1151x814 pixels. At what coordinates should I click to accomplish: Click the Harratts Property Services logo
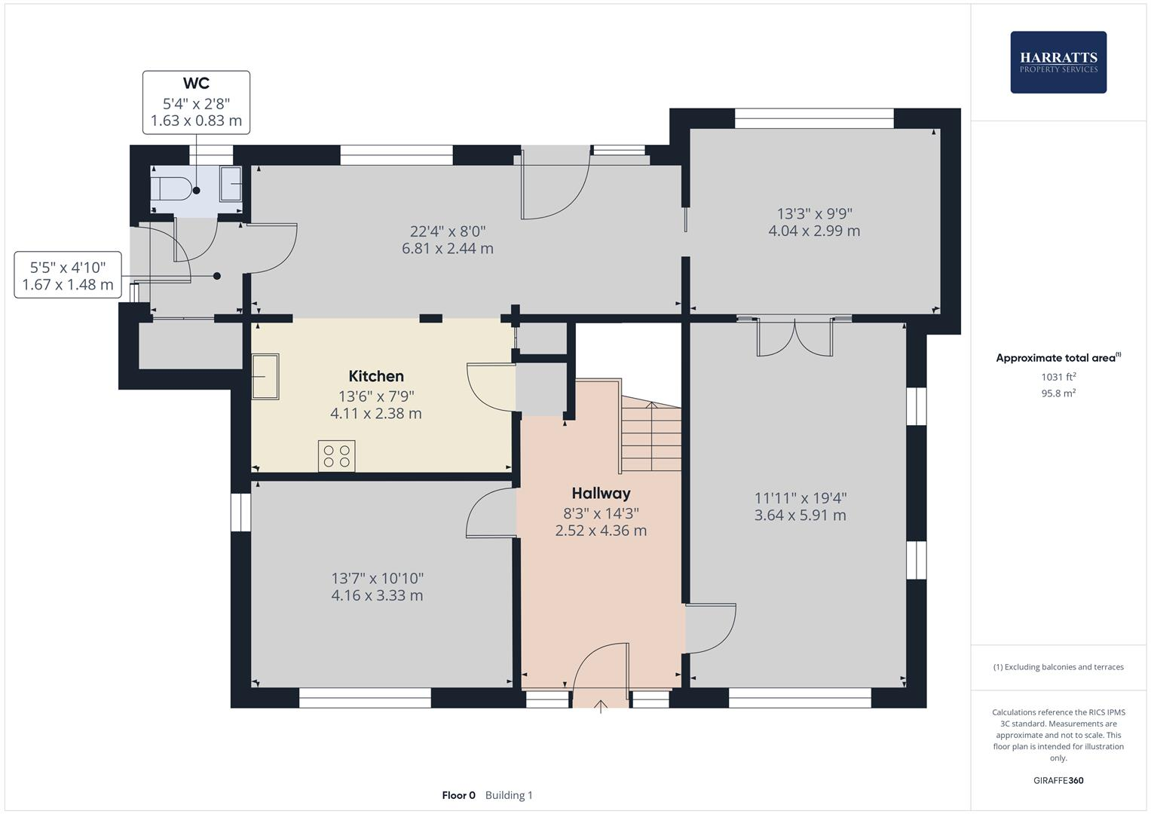click(1058, 62)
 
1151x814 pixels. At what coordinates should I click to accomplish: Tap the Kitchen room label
click(376, 376)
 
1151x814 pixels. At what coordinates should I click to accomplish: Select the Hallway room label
click(601, 494)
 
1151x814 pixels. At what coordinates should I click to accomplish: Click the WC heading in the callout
click(196, 84)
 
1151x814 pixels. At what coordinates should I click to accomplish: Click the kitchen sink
click(265, 377)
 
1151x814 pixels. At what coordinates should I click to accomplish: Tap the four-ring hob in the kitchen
click(336, 456)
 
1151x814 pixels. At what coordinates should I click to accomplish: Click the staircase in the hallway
click(650, 437)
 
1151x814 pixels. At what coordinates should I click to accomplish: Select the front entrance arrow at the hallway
click(601, 706)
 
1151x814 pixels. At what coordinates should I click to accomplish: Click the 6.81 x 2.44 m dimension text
click(448, 249)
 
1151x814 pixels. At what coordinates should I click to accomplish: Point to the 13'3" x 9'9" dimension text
click(814, 213)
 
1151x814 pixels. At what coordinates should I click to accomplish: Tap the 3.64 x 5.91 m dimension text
click(800, 516)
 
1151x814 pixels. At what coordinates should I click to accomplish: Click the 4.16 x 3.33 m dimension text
click(377, 595)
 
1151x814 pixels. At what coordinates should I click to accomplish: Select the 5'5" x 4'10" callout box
click(68, 275)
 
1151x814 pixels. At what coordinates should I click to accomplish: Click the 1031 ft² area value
click(1058, 377)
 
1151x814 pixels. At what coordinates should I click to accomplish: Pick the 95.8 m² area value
click(1058, 393)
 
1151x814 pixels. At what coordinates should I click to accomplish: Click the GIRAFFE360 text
click(1058, 780)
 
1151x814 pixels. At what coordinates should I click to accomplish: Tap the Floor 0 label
click(458, 795)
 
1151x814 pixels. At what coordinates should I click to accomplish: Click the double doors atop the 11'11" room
click(795, 337)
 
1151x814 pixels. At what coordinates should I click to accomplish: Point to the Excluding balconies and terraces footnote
click(1058, 667)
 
